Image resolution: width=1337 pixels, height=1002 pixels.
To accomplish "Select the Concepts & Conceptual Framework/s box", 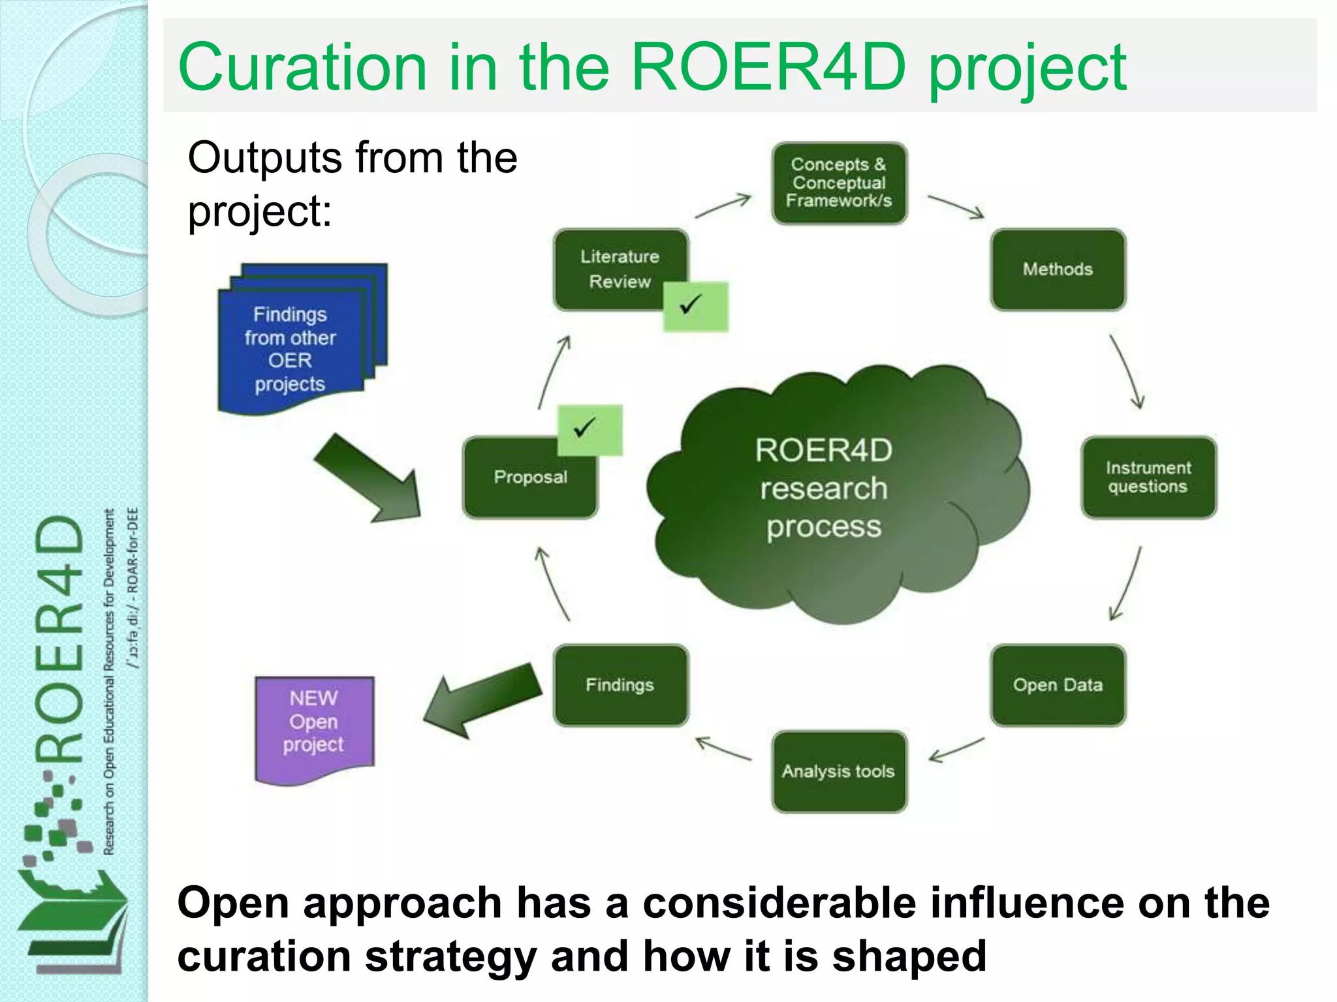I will coord(839,183).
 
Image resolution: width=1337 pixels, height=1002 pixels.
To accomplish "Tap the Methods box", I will coord(1058,269).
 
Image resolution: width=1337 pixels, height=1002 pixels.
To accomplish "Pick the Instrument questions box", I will coord(1148,477).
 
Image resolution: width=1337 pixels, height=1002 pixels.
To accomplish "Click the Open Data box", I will coord(1058,685).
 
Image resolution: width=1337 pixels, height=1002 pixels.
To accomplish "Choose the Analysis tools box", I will coord(839,771).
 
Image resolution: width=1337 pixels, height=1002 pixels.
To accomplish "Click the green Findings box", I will coord(620,685).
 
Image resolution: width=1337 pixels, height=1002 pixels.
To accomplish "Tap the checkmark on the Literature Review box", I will coord(695,306).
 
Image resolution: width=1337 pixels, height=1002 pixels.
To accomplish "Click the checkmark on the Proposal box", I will coord(589,429).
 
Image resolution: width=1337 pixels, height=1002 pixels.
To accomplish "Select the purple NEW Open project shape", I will coord(314,727).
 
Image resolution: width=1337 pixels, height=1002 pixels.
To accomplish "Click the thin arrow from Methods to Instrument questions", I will coord(1127,372).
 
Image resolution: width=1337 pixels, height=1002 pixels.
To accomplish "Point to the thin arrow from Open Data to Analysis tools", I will coord(956,750).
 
